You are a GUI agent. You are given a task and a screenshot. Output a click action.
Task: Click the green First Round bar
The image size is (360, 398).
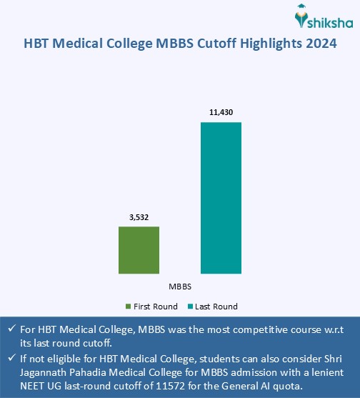[139, 250]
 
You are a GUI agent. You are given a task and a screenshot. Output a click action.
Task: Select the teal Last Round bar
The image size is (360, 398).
[221, 198]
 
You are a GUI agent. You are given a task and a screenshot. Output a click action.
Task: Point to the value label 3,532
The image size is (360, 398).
[139, 216]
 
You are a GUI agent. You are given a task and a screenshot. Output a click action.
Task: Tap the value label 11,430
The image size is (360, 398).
[221, 112]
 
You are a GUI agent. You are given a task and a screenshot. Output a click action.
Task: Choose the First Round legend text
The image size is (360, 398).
[155, 307]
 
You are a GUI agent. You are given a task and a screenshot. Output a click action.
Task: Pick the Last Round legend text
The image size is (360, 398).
[216, 307]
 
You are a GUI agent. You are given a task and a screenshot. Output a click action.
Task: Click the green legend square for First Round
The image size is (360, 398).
[129, 307]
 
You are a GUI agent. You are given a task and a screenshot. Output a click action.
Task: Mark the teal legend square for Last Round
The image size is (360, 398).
[191, 307]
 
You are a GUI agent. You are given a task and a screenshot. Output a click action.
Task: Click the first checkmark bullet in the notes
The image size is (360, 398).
[10, 330]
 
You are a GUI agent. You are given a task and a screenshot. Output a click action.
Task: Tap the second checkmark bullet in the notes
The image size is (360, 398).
[10, 359]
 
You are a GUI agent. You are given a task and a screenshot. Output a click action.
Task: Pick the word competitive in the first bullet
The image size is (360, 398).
[260, 330]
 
